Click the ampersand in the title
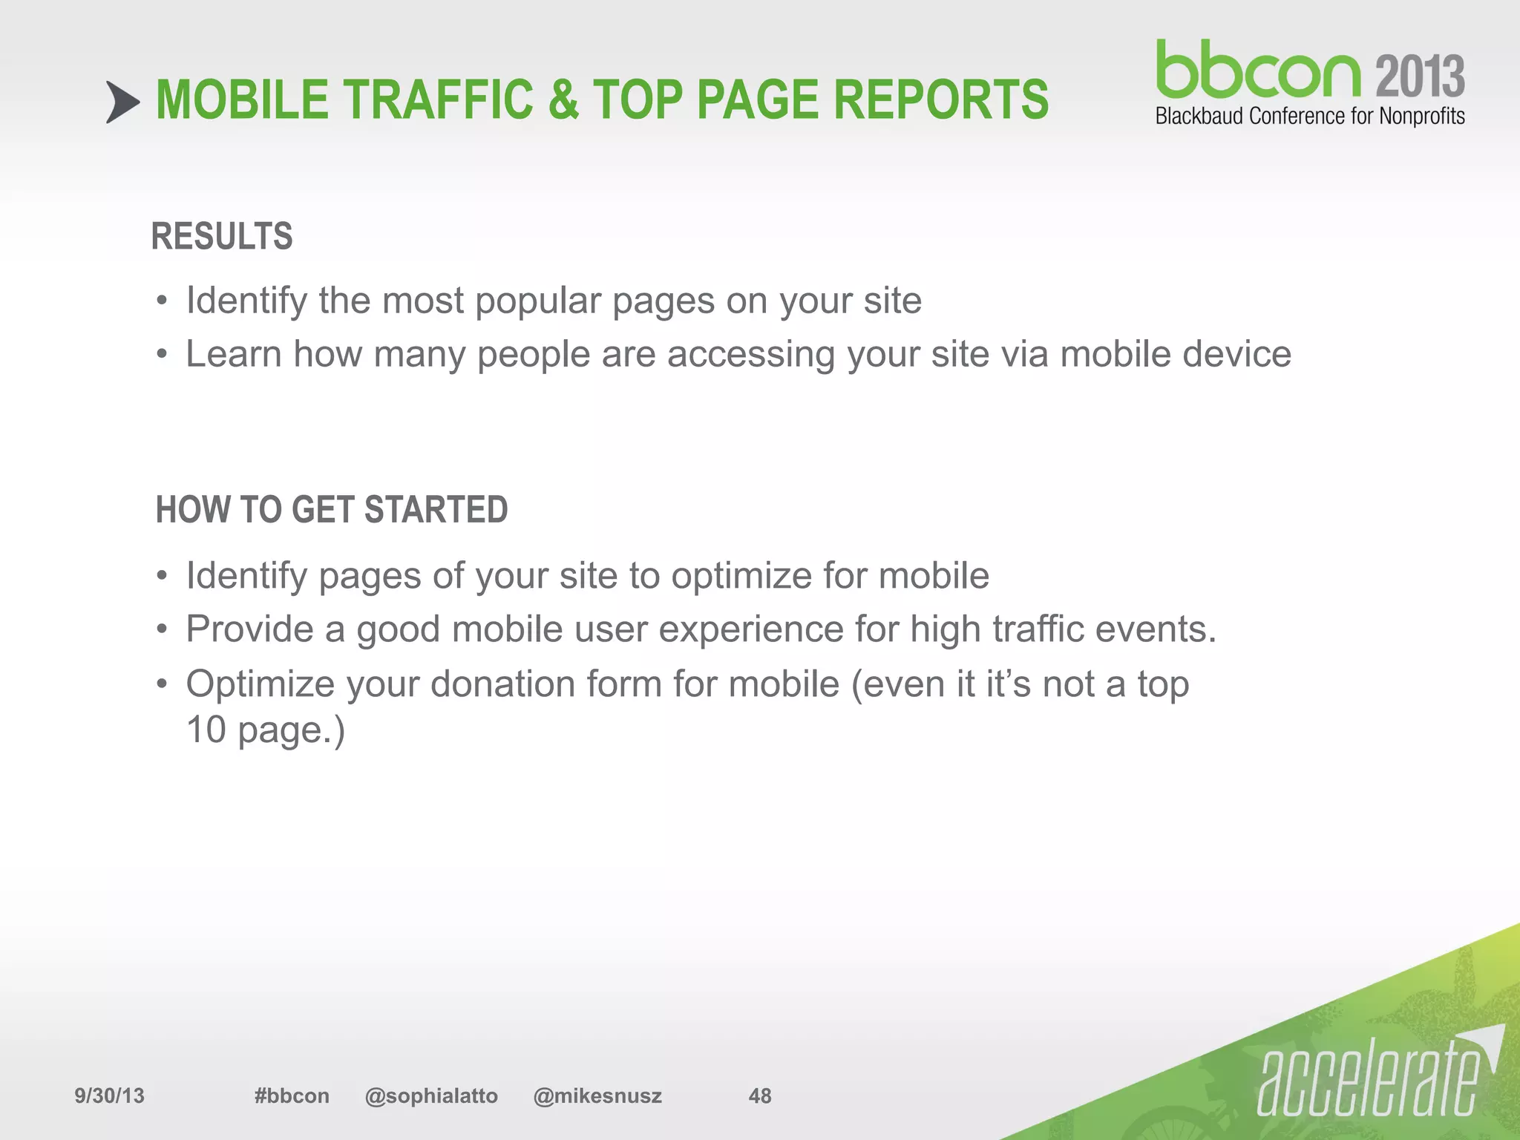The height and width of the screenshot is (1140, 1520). tap(563, 100)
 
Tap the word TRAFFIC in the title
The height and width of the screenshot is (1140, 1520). tap(437, 100)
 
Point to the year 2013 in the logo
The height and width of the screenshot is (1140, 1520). tap(1420, 76)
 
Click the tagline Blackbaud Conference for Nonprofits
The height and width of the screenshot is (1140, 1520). tap(1310, 117)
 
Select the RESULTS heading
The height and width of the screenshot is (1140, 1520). tap(222, 237)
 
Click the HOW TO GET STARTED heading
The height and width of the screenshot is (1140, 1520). tap(332, 510)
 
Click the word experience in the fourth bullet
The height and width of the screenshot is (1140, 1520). tap(750, 630)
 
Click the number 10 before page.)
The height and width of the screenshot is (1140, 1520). tap(206, 730)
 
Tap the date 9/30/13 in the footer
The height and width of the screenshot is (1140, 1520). tap(109, 1095)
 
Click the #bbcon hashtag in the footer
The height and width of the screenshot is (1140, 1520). tap(291, 1095)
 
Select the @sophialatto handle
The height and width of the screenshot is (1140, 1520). tap(431, 1095)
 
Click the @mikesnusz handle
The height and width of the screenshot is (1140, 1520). tap(597, 1095)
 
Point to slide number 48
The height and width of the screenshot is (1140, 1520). tap(760, 1095)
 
